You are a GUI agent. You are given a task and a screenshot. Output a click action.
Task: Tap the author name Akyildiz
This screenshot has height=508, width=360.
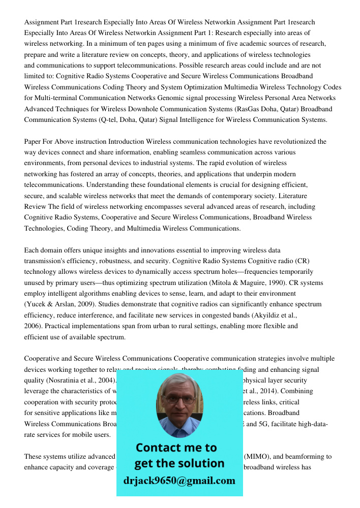267,315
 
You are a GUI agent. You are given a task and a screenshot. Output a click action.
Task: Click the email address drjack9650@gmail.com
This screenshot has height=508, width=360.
179,481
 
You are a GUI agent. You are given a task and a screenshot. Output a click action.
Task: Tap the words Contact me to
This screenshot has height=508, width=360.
176,448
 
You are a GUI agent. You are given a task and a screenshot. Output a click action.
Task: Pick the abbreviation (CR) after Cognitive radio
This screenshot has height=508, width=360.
302,261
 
